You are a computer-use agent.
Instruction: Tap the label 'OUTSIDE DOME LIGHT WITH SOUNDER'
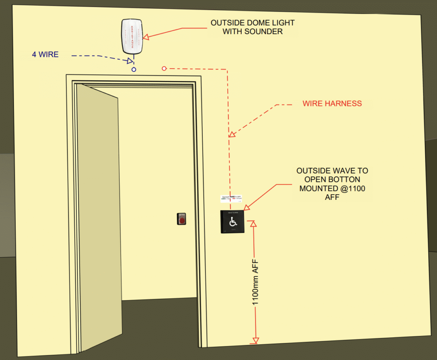coord(253,27)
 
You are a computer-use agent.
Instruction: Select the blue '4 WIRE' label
coord(45,55)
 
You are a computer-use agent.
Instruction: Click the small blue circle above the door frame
coord(134,70)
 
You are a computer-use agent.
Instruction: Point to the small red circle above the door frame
coord(164,69)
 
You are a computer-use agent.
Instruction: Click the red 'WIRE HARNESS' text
coord(332,104)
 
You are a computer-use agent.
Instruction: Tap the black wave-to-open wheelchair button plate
coord(232,222)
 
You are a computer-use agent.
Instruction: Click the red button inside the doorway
coord(181,219)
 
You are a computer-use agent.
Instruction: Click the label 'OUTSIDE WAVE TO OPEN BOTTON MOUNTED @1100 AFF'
coord(331,184)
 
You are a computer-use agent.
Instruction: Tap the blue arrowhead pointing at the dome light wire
coord(130,61)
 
